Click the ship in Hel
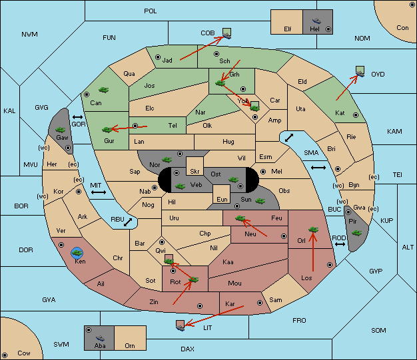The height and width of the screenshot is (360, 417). point(316,21)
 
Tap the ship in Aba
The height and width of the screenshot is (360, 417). point(100,338)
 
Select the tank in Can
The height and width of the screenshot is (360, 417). point(103,90)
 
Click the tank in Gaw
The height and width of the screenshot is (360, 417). point(60,130)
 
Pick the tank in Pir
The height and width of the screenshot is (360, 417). point(356,233)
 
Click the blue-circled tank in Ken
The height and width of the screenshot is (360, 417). point(77,253)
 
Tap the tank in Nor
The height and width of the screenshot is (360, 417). point(167,160)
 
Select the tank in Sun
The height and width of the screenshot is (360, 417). point(260,201)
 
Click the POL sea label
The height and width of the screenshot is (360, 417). point(151,11)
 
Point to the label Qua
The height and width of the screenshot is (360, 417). point(129,74)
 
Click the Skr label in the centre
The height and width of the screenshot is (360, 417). point(195,172)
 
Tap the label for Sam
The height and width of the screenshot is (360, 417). point(275,300)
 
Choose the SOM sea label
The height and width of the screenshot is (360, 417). point(378,330)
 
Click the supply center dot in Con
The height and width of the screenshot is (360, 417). point(412,5)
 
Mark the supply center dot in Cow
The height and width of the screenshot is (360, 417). point(5,355)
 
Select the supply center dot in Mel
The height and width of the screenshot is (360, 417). point(263,172)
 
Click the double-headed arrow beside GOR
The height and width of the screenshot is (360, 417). point(78,117)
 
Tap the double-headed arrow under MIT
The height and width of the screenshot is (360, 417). point(99,192)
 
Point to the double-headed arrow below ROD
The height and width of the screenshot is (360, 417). point(340,244)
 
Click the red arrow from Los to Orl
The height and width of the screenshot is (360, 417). point(313,252)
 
